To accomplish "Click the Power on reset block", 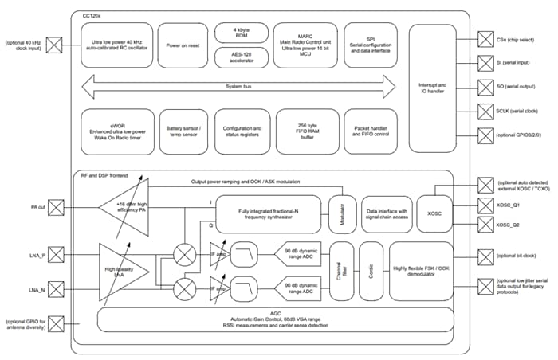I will (x=182, y=45).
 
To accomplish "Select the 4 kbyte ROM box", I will (x=241, y=33).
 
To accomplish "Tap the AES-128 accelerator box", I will (x=241, y=58).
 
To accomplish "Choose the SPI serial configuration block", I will (x=370, y=45).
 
